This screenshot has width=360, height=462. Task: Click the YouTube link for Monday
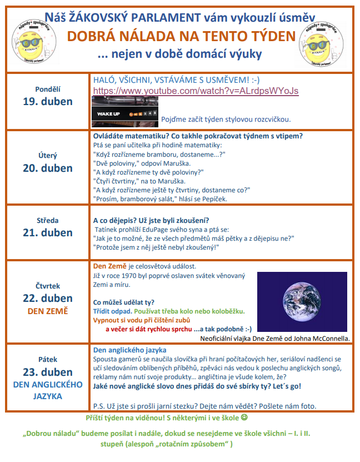196,91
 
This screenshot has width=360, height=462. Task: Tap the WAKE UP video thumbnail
124,112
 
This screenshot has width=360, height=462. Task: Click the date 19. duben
48,101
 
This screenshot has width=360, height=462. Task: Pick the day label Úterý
48,156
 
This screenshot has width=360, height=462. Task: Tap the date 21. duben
48,232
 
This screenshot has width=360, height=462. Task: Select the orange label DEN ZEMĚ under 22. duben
48,311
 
